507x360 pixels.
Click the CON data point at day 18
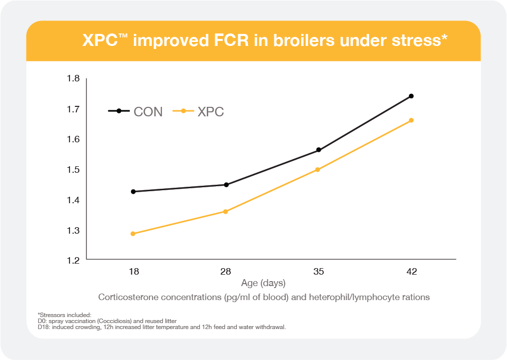(x=133, y=192)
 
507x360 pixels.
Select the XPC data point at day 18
(x=133, y=234)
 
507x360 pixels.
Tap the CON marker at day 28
(x=226, y=185)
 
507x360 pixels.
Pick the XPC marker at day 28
(x=225, y=212)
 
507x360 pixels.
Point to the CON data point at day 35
(x=318, y=150)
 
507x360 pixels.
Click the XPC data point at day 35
(x=317, y=170)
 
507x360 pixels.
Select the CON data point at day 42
(x=411, y=96)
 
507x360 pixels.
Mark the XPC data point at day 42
(x=411, y=120)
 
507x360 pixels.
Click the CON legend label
(x=148, y=112)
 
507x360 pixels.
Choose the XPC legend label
(x=210, y=112)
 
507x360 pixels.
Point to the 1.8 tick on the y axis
(x=73, y=78)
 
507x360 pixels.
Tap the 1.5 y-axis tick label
(x=73, y=170)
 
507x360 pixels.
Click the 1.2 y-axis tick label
(x=73, y=260)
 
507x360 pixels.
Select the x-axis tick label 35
(x=318, y=272)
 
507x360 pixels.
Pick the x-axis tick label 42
(x=411, y=272)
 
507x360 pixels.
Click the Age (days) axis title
(x=263, y=283)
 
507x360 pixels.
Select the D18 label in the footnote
(x=43, y=327)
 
